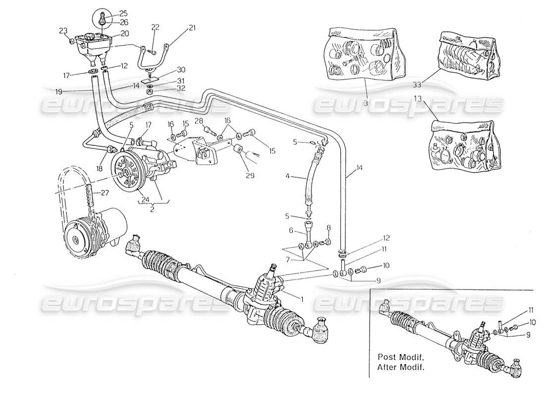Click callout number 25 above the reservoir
[109, 13]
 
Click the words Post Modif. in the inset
[397, 356]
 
